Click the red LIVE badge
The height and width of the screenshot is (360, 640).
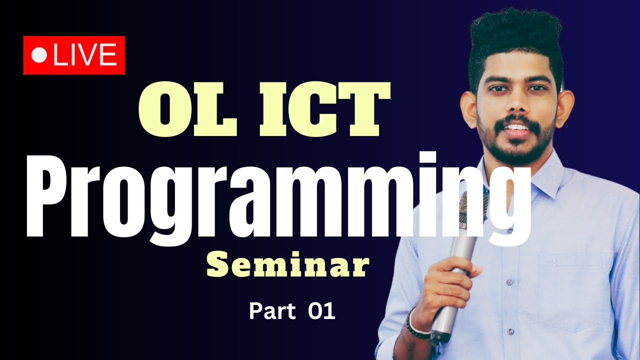(x=74, y=55)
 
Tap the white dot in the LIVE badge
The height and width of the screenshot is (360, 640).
(x=38, y=55)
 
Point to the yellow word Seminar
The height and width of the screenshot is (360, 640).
(x=287, y=266)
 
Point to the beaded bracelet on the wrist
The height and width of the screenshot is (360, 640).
(x=415, y=325)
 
